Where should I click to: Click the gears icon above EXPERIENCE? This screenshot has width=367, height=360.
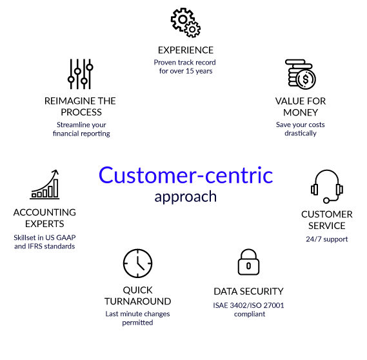point(186,23)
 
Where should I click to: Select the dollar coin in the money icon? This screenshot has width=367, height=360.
point(306,79)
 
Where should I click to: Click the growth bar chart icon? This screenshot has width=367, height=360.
point(45,185)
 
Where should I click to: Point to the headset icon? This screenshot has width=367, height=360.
point(327,186)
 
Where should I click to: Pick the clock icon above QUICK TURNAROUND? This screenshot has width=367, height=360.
point(137,263)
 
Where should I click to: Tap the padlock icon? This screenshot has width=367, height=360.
point(248,262)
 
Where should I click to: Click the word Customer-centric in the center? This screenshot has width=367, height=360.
point(186,175)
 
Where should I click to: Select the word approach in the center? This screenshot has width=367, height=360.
point(185,197)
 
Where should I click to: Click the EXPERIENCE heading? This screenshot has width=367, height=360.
point(186,50)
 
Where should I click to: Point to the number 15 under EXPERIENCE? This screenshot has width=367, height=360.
point(190,71)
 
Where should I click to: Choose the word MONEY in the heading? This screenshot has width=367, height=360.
point(301,113)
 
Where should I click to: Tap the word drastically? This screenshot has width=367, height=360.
point(301,133)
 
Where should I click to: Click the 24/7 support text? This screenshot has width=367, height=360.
point(327,239)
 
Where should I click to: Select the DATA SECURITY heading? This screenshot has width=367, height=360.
point(248,292)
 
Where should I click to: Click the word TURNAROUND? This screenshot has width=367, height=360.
point(137,301)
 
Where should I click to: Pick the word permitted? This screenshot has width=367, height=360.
point(137,323)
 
